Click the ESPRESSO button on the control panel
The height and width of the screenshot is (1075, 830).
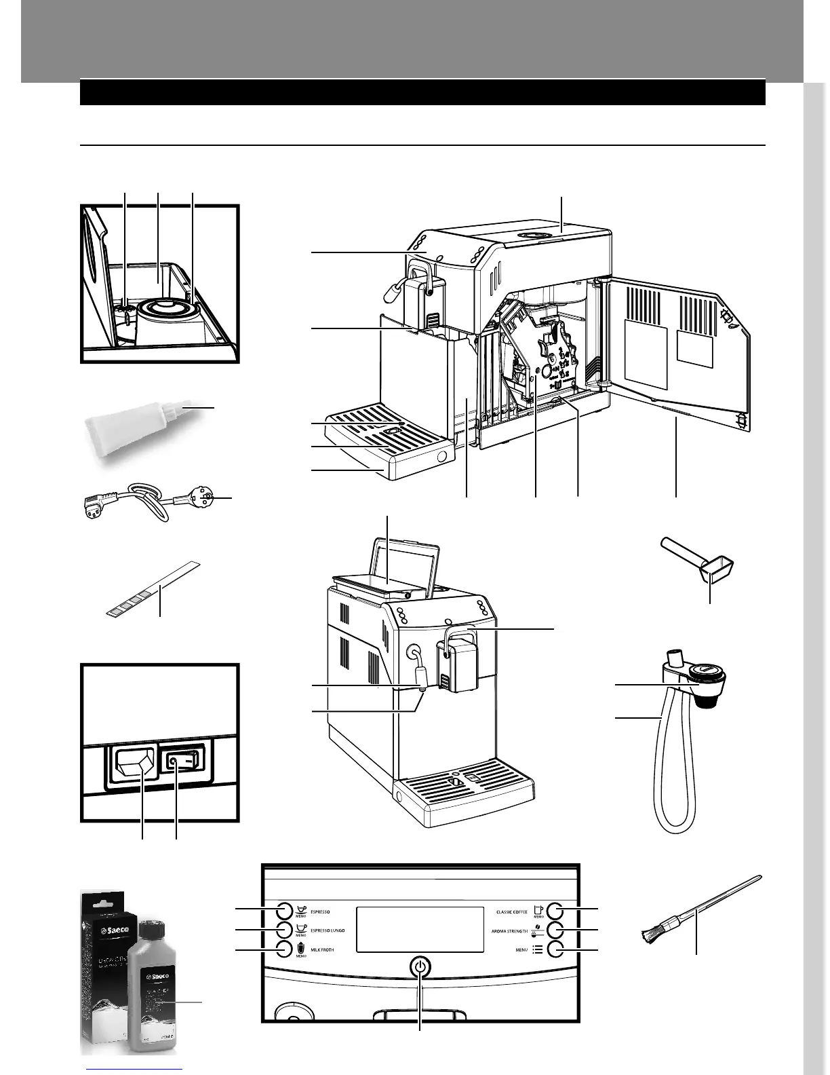(283, 910)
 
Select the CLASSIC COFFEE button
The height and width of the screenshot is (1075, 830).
(556, 910)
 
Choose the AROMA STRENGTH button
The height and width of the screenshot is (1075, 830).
(556, 929)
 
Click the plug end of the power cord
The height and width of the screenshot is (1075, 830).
(201, 501)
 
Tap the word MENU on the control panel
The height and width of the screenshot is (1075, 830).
(521, 949)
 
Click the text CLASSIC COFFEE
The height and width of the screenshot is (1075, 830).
(511, 912)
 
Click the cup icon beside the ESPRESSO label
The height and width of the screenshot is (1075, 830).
(302, 909)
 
